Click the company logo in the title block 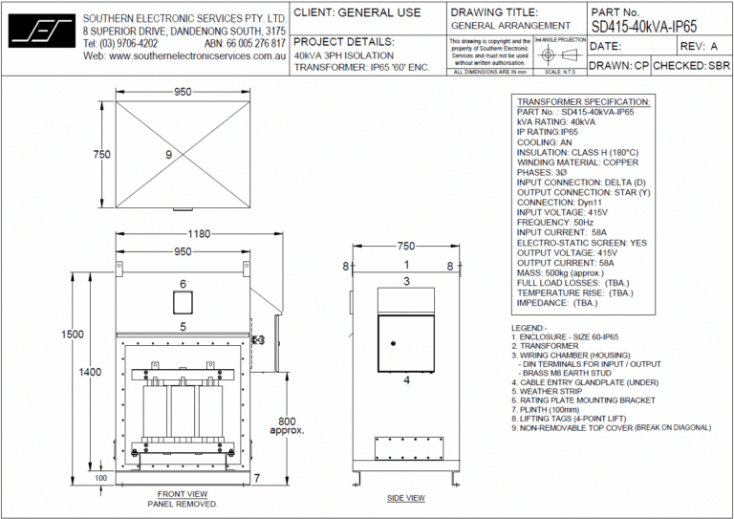pyautogui.click(x=40, y=30)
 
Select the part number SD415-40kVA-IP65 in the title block pyautogui.click(x=644, y=27)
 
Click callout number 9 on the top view pyautogui.click(x=168, y=154)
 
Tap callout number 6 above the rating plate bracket pyautogui.click(x=183, y=284)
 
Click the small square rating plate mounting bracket pyautogui.click(x=183, y=303)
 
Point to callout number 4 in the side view pyautogui.click(x=405, y=379)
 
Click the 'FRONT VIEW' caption pyautogui.click(x=183, y=493)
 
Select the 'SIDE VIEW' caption pyautogui.click(x=405, y=498)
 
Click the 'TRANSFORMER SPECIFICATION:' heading pyautogui.click(x=583, y=101)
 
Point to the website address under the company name pyautogui.click(x=185, y=56)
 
